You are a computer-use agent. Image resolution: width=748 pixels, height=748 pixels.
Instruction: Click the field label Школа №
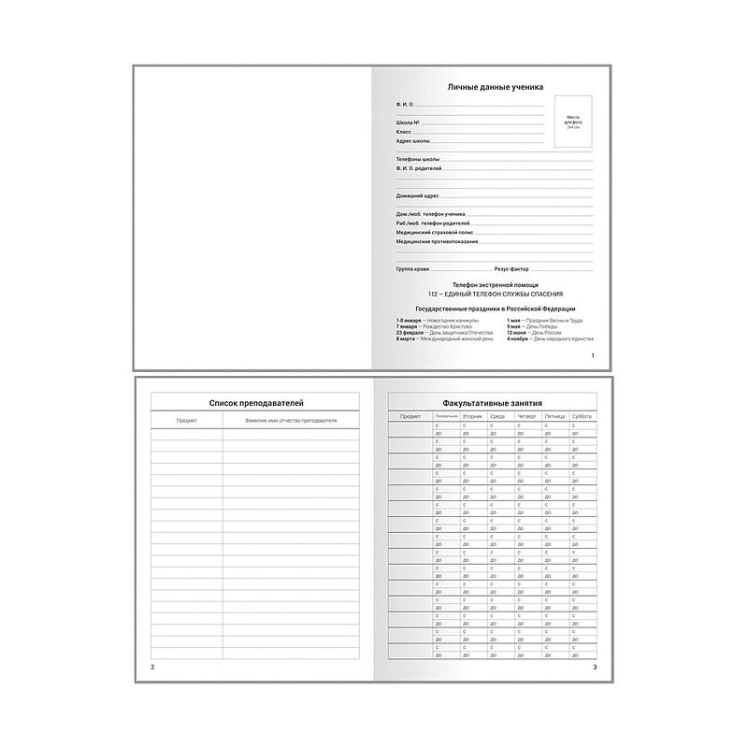[x=408, y=123]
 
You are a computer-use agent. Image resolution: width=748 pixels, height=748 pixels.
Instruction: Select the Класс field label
[x=404, y=132]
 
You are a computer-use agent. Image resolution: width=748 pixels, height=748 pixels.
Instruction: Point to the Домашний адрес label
[x=417, y=196]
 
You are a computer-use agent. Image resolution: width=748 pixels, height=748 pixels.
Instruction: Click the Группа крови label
[x=412, y=268]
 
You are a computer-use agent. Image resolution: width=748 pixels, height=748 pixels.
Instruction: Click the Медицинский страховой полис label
[x=434, y=232]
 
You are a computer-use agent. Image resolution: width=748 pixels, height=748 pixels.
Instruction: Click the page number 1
[x=593, y=356]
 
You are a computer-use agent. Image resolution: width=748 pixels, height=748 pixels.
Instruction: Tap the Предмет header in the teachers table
[x=187, y=422]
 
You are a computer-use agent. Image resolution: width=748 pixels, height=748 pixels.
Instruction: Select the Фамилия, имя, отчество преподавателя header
[x=290, y=422]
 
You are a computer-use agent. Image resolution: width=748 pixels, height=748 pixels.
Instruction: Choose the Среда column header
[x=497, y=415]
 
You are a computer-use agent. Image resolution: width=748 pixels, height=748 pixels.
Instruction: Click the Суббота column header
[x=582, y=415]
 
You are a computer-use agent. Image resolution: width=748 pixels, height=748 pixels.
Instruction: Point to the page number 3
[x=595, y=667]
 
